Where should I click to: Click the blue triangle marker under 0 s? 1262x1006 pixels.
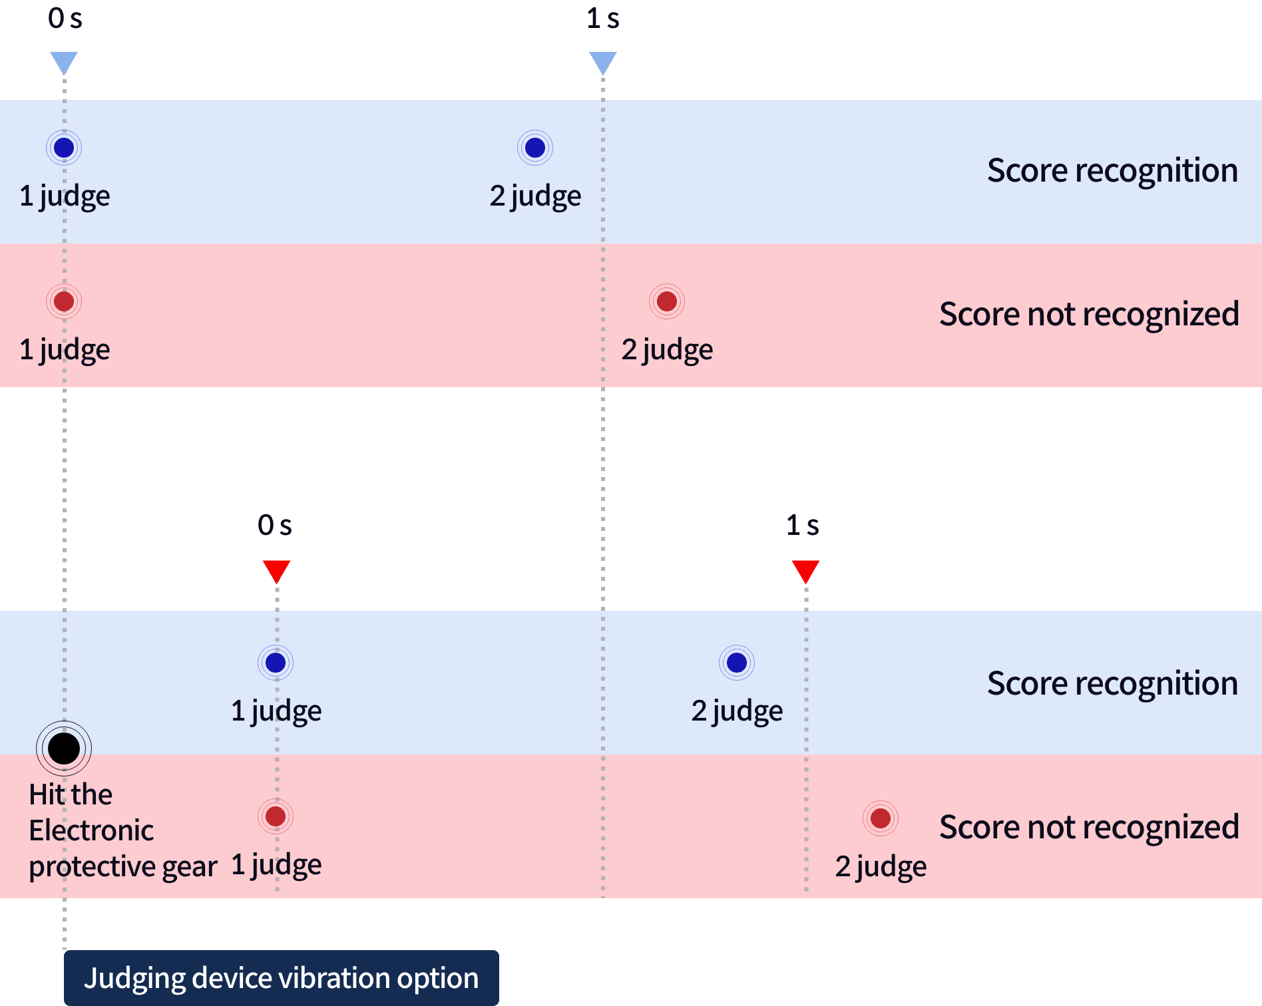[64, 63]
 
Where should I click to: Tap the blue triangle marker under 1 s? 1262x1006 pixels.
[603, 63]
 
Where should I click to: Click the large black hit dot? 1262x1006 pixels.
[64, 748]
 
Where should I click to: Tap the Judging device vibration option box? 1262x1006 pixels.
[281, 977]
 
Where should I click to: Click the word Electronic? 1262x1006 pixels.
[91, 830]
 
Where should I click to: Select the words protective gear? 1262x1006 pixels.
[123, 866]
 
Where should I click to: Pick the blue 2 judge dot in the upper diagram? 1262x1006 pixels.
[535, 148]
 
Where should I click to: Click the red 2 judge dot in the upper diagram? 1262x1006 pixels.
[667, 301]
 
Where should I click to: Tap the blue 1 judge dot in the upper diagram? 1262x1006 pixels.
[64, 148]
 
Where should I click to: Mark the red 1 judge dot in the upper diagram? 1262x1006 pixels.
[64, 301]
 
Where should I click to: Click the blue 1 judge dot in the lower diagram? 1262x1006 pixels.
[276, 663]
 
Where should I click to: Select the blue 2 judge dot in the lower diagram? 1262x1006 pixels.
[737, 663]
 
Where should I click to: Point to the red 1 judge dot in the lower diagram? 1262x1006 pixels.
[276, 816]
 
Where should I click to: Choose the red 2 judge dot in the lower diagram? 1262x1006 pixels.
[881, 818]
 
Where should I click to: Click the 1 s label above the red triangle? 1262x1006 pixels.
[803, 526]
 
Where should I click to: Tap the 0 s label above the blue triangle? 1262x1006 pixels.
[65, 19]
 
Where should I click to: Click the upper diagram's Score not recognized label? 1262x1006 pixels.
[1089, 314]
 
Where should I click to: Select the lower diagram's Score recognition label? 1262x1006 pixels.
[1112, 683]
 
